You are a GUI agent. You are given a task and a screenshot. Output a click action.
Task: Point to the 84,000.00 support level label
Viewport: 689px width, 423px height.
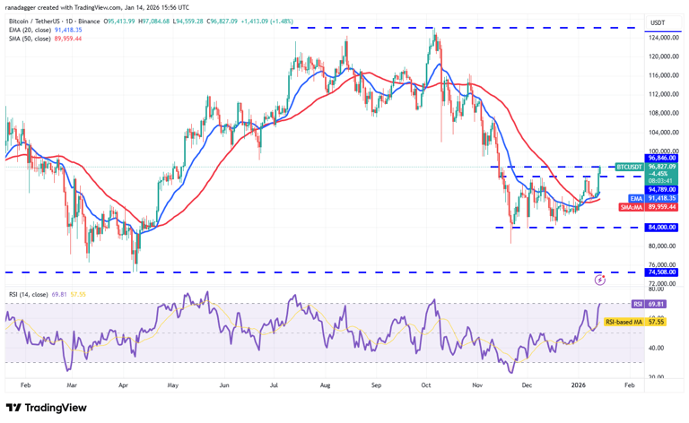pos(663,228)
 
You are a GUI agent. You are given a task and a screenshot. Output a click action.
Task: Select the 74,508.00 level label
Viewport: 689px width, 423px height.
pos(663,272)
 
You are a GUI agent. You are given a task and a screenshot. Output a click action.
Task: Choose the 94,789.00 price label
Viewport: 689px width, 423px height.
pos(663,189)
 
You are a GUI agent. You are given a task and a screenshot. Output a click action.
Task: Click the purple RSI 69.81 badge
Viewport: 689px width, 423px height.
pos(637,305)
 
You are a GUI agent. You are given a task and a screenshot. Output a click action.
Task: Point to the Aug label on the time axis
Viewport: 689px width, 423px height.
pos(327,384)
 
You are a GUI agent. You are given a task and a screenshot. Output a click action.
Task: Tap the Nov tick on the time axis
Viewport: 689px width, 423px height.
pos(477,384)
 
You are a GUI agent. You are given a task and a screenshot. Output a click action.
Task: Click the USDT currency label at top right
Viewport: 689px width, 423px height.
pos(658,22)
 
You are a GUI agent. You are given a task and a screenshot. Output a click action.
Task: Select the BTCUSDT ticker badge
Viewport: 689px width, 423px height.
pos(629,167)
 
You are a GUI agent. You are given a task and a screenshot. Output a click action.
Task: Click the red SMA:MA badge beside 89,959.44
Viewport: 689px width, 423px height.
pos(631,207)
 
